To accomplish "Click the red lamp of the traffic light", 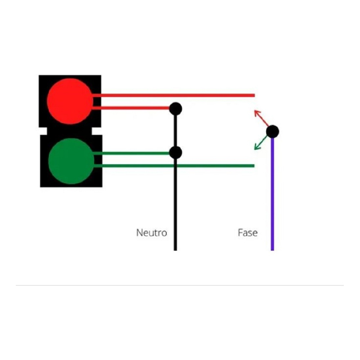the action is click(x=70, y=101).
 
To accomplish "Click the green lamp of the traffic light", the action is click(x=71, y=161).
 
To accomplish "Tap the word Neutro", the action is click(x=152, y=233).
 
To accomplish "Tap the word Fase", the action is click(x=248, y=233).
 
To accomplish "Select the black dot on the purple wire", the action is click(x=273, y=131).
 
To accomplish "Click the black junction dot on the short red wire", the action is click(x=176, y=109).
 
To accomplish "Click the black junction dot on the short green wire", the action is click(x=176, y=153).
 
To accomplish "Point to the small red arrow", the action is click(x=261, y=118).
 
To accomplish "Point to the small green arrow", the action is click(x=261, y=143).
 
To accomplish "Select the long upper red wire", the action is click(x=174, y=95).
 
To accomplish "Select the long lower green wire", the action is click(x=174, y=166).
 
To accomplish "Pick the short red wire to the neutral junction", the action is click(x=131, y=108).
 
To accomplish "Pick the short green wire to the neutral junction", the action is click(x=131, y=153).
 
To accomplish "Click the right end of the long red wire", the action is click(x=255, y=95).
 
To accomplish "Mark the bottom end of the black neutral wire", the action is click(x=175, y=250).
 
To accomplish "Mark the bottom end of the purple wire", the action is click(x=273, y=250).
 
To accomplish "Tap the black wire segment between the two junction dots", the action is click(x=175, y=131).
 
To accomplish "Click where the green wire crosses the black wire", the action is click(x=175, y=166).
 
